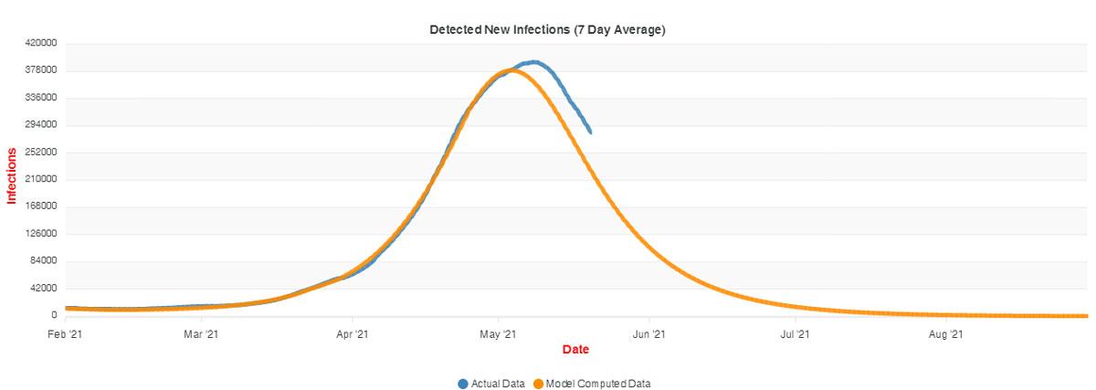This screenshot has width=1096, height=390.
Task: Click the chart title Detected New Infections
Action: click(x=547, y=29)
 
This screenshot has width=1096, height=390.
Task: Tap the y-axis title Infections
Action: click(x=13, y=175)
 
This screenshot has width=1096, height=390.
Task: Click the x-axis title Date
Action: click(x=575, y=349)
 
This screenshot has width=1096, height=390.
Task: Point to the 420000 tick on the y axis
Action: click(x=42, y=43)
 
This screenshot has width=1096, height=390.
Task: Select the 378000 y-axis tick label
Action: click(x=42, y=70)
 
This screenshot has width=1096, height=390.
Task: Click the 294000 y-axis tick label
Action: click(x=42, y=125)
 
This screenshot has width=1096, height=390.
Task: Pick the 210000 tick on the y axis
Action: click(x=42, y=179)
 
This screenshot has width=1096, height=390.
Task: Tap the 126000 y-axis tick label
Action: click(x=42, y=234)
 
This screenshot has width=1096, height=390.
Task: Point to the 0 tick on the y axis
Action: click(x=54, y=316)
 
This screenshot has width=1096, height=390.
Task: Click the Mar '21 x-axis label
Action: click(x=201, y=335)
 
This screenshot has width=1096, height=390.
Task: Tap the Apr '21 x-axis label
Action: click(x=352, y=335)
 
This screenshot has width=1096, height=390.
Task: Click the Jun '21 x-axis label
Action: click(x=648, y=335)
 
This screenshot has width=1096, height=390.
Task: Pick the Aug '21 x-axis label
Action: click(x=945, y=335)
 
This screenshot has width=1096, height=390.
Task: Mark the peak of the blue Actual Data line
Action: click(x=534, y=62)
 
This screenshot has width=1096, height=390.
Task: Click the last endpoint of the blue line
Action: click(x=590, y=132)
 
